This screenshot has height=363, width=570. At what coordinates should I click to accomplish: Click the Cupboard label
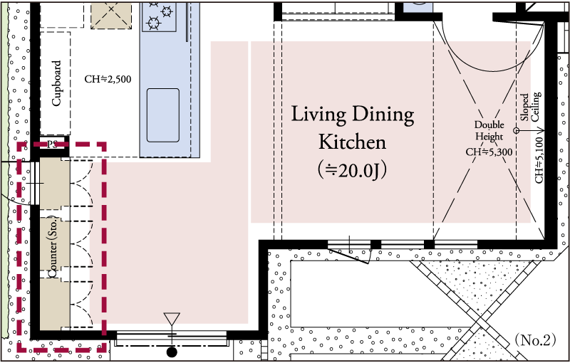[x=56, y=83]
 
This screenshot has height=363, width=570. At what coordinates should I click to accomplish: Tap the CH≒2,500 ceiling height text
[x=108, y=79]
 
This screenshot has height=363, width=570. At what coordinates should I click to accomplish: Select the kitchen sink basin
[x=163, y=115]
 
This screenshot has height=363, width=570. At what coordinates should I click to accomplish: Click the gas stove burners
[x=159, y=16]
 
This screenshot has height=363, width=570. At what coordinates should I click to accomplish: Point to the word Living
[x=318, y=115]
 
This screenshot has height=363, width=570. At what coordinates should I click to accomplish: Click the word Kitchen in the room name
[x=352, y=142]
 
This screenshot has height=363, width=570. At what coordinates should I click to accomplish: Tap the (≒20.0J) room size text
[x=352, y=170]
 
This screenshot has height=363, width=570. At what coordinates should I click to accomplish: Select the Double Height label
[x=489, y=131]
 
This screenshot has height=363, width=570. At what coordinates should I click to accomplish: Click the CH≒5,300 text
[x=489, y=152]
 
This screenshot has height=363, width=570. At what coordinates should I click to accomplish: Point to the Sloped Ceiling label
[x=530, y=107]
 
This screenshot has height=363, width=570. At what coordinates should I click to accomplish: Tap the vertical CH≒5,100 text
[x=539, y=159]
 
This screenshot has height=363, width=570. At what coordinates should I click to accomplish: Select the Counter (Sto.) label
[x=53, y=247]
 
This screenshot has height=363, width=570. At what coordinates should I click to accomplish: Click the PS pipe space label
[x=52, y=144]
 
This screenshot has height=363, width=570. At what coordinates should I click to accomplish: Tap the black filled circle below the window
[x=172, y=352]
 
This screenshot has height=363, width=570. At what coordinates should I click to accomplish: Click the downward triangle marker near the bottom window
[x=172, y=319]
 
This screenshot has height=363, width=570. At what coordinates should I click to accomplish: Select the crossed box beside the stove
[x=111, y=15]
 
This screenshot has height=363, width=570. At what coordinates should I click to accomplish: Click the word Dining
[x=383, y=115]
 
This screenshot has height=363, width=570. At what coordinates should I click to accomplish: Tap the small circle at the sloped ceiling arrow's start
[x=516, y=130]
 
